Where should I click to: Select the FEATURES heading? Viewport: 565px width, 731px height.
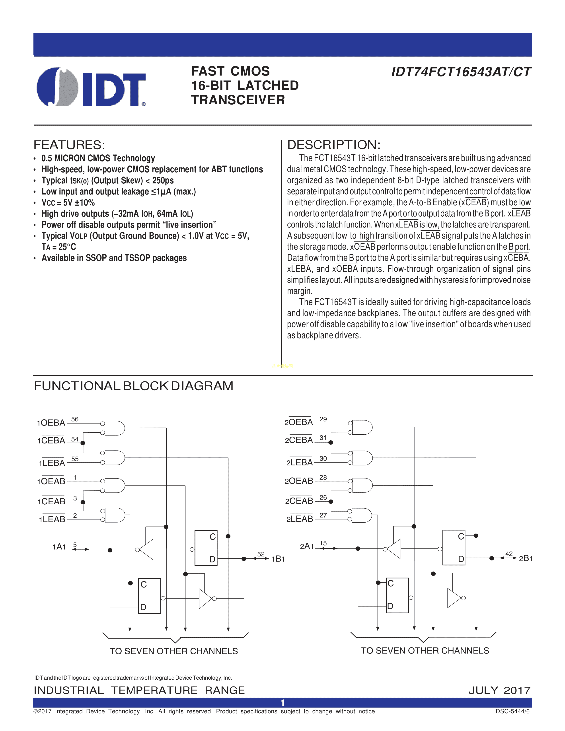[x=69, y=145]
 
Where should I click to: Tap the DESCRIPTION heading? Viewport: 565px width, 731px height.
[x=334, y=145]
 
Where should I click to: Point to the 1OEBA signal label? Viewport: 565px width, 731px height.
[x=51, y=423]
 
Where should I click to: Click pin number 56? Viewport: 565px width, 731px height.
[x=75, y=419]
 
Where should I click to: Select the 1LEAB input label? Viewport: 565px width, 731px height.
[x=52, y=519]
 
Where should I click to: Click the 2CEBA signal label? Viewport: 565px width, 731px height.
[x=299, y=440]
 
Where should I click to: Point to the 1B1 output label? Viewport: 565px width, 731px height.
[x=278, y=559]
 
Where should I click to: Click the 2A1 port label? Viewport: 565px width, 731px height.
[x=307, y=546]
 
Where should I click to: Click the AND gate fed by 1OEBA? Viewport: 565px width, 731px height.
[x=115, y=428]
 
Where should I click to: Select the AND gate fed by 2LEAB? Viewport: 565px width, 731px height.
[x=362, y=515]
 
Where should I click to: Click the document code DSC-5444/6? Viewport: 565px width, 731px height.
[x=512, y=711]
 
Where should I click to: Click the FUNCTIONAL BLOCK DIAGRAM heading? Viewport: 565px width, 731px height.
[x=134, y=386]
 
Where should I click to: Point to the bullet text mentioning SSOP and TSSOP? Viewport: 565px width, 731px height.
[x=114, y=258]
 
